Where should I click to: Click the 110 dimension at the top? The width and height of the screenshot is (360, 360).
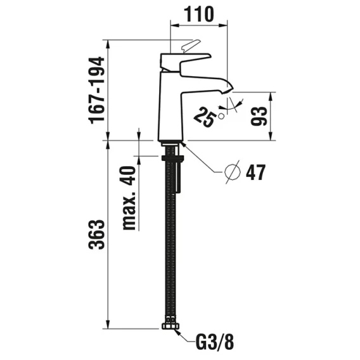pos(199,14)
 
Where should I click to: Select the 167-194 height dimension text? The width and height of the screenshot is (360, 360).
pos(97,91)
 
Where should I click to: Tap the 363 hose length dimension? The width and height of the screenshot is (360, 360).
pos(97,235)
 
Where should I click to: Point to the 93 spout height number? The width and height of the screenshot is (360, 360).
pos(259,116)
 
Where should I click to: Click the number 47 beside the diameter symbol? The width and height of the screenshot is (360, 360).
pos(255,172)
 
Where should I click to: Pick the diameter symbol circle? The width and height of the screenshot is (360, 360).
pos(233,172)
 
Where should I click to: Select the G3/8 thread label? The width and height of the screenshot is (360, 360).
pos(215,342)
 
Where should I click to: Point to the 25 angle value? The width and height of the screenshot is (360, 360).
pos(205,117)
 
